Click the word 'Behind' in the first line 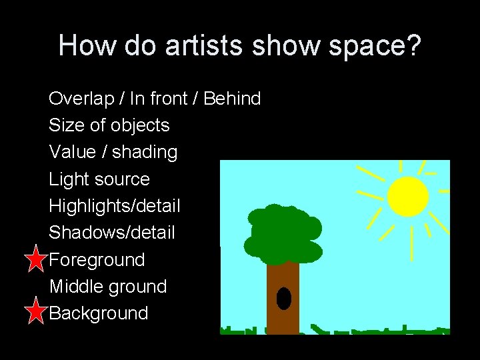(x=232, y=99)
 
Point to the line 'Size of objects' (x=109, y=125)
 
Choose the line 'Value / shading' (x=113, y=152)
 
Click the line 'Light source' (x=99, y=179)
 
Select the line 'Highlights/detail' (x=115, y=206)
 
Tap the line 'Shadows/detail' (x=112, y=233)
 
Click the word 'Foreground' (x=97, y=259)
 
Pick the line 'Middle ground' (x=108, y=287)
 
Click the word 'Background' (x=99, y=313)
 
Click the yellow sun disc (x=407, y=196)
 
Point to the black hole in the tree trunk (x=284, y=299)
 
